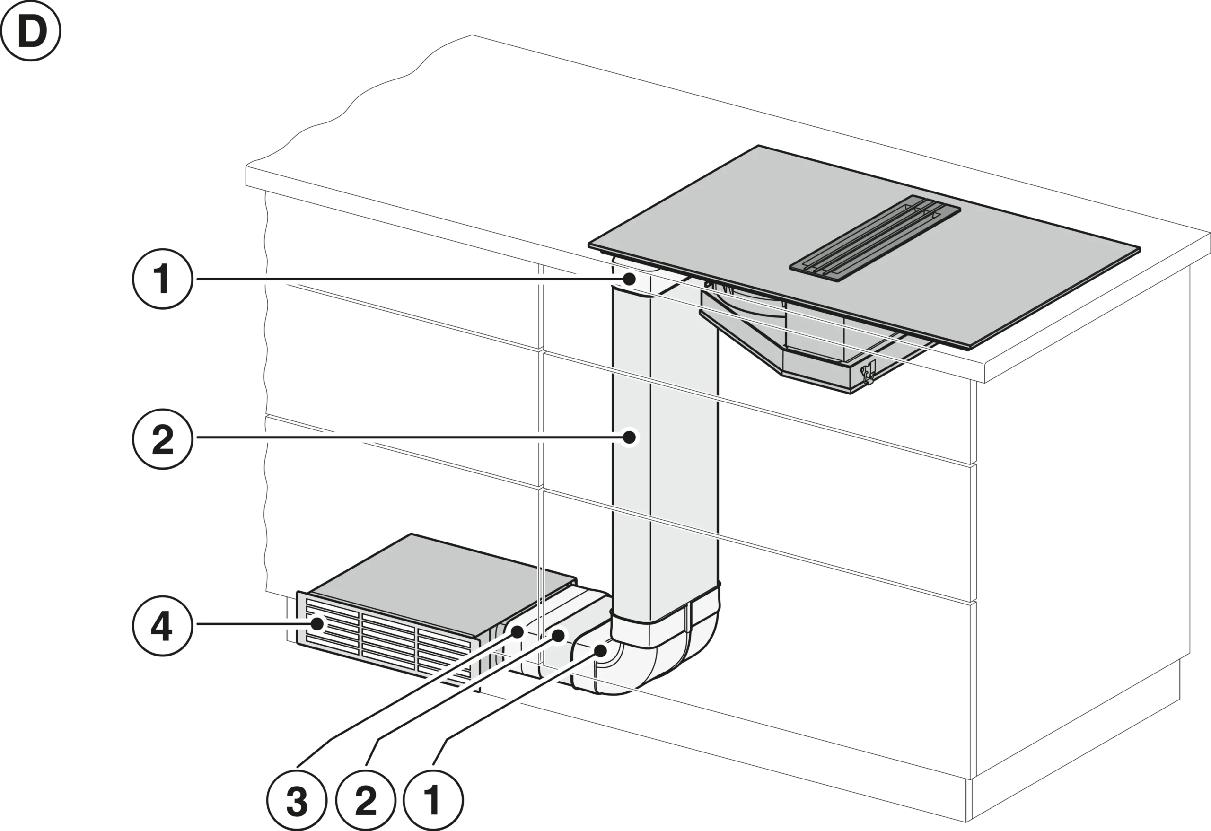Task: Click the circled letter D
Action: [31, 31]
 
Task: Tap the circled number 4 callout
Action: [163, 625]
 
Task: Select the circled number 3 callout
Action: [297, 800]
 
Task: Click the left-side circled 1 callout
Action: [163, 279]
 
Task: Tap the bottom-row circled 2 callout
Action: [365, 800]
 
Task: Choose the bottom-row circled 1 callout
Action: [433, 800]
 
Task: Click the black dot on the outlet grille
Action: [317, 623]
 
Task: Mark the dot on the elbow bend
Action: [600, 650]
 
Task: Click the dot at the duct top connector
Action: [630, 279]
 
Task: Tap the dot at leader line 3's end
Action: [518, 632]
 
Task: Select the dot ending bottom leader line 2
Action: [558, 636]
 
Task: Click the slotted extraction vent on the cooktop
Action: [875, 239]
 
